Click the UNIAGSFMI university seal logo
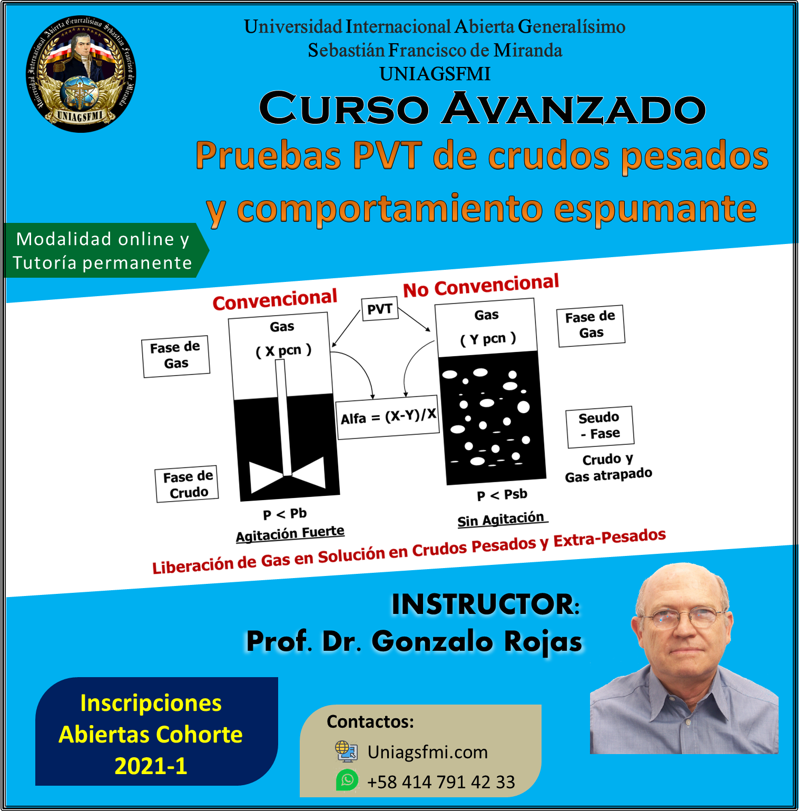tap(81, 73)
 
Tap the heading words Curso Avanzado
tap(482, 109)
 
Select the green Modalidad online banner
tap(106, 250)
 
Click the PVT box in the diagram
tap(380, 309)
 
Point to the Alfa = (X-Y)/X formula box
tap(388, 417)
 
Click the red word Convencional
tap(274, 300)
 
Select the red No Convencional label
tap(481, 286)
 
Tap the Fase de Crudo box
tap(188, 484)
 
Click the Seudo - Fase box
tap(599, 426)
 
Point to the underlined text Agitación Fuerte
tap(290, 534)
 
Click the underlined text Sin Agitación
tap(502, 520)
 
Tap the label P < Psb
tap(502, 495)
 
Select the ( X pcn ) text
tap(283, 351)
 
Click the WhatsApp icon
tap(347, 780)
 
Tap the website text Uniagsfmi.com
tap(427, 752)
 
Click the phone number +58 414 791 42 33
tap(441, 782)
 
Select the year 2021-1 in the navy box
tap(151, 766)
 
